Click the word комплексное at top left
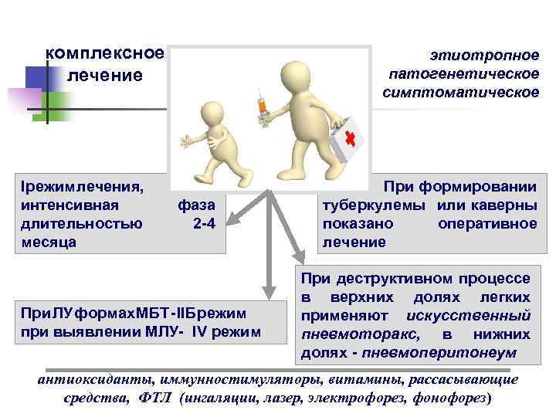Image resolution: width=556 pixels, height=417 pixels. (105, 53)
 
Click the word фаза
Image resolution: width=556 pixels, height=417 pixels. (196, 205)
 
